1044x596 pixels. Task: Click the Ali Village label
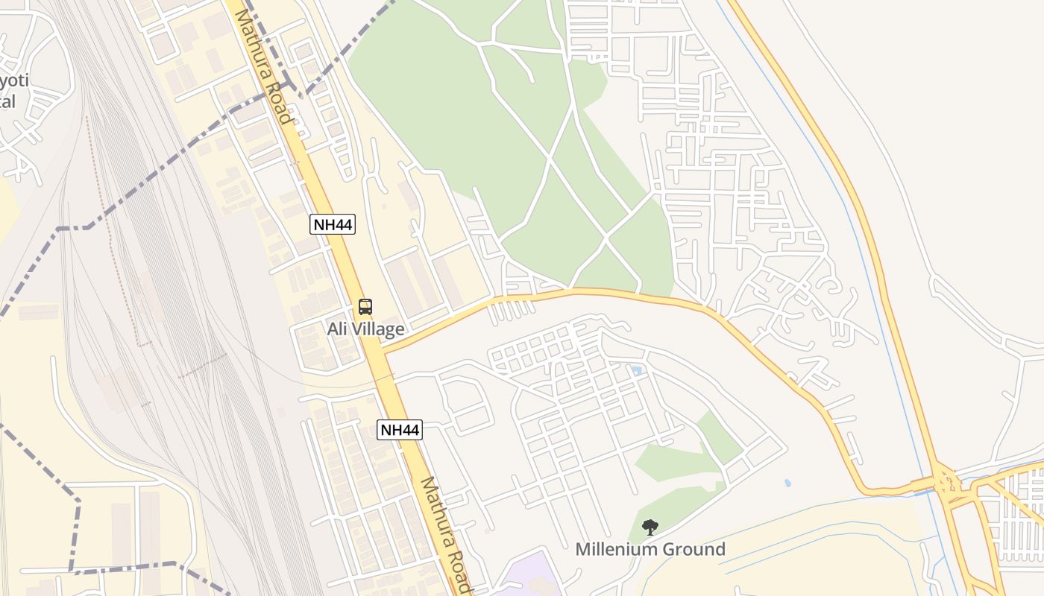pyautogui.click(x=365, y=329)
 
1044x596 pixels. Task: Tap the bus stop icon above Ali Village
pyautogui.click(x=365, y=306)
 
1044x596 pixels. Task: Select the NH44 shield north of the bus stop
pyautogui.click(x=333, y=223)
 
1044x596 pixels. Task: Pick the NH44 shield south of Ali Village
pyautogui.click(x=399, y=429)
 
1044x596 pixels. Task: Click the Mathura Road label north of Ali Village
pyautogui.click(x=262, y=63)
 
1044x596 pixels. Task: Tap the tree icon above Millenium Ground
pyautogui.click(x=650, y=527)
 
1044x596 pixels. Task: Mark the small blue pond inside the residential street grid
pyautogui.click(x=636, y=370)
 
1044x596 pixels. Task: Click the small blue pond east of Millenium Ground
pyautogui.click(x=787, y=483)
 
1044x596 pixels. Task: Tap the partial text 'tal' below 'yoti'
pyautogui.click(x=7, y=101)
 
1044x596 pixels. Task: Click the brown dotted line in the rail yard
pyautogui.click(x=112, y=223)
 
